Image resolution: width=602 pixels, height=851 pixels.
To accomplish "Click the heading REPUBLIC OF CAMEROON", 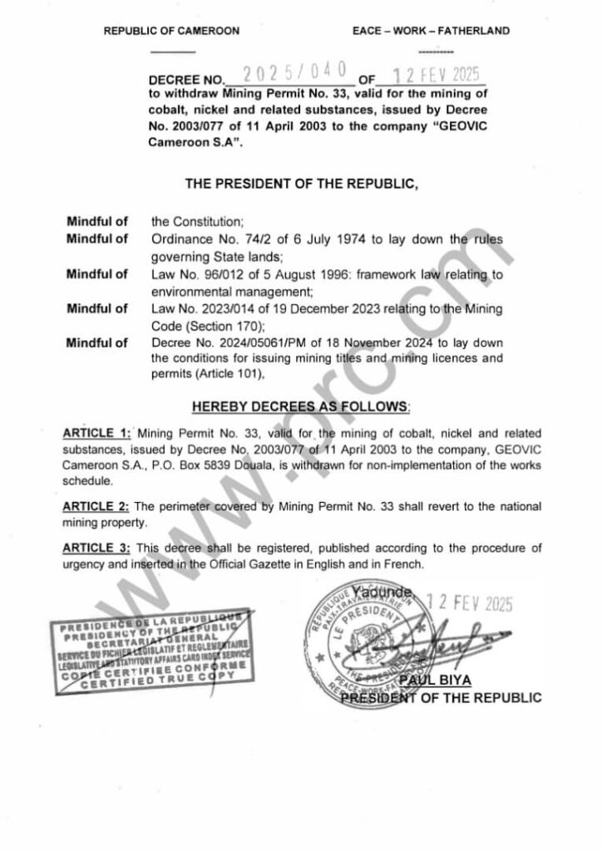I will [x=171, y=31].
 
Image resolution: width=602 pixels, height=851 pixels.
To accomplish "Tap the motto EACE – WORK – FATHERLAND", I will [x=431, y=31].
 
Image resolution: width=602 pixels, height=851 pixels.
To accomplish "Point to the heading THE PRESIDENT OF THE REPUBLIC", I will [x=301, y=185].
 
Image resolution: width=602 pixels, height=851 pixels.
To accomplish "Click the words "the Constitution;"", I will [x=196, y=222].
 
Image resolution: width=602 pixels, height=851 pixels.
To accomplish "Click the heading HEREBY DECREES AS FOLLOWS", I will [x=301, y=407].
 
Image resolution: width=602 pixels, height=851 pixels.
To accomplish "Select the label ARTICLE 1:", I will [x=96, y=434].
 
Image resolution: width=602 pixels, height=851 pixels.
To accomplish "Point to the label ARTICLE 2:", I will [x=96, y=506].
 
